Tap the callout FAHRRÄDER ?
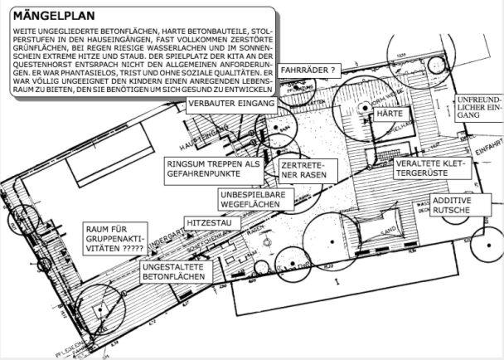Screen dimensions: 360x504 (308, 71)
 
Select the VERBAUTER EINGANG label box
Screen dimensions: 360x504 (231, 104)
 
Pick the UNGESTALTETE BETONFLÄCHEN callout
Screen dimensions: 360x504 (174, 271)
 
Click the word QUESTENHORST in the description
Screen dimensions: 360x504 (46, 65)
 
